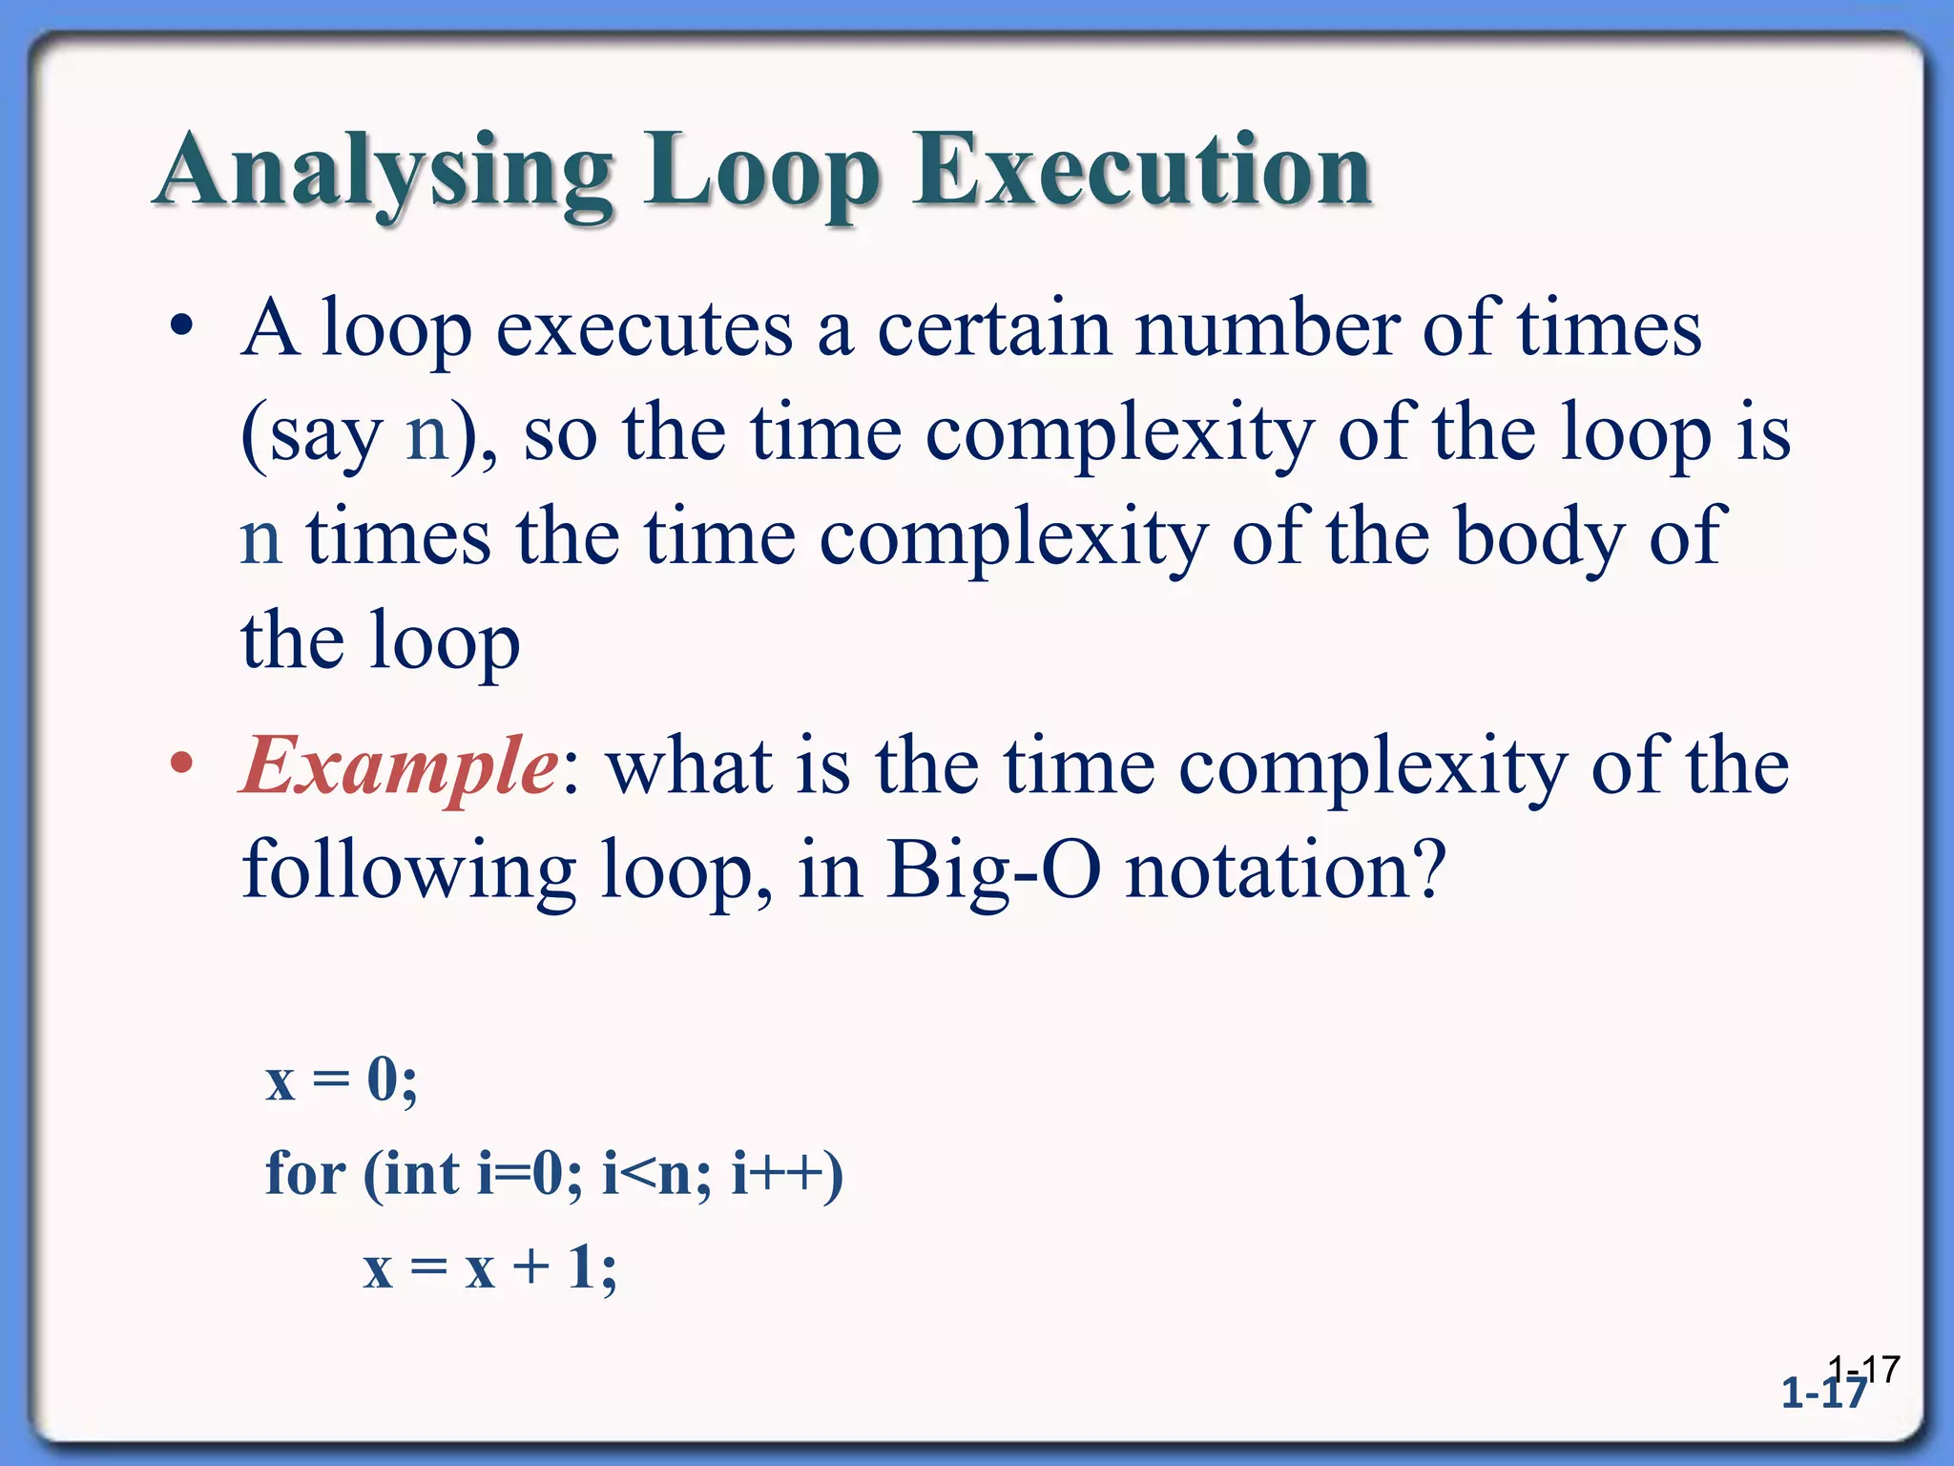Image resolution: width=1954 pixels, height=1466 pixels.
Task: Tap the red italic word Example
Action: pyautogui.click(x=400, y=766)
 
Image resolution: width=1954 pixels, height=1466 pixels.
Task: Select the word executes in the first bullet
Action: pyautogui.click(x=644, y=329)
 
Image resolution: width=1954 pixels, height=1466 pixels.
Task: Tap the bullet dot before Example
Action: pyautogui.click(x=181, y=764)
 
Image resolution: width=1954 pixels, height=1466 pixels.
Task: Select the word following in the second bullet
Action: pyautogui.click(x=408, y=871)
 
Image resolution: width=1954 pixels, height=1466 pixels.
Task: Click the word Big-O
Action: pyautogui.click(x=992, y=871)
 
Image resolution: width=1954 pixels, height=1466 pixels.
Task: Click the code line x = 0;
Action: pyautogui.click(x=342, y=1081)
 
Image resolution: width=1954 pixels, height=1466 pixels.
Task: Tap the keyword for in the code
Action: pyautogui.click(x=305, y=1173)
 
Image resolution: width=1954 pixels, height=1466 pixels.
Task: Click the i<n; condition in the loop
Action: pyautogui.click(x=656, y=1173)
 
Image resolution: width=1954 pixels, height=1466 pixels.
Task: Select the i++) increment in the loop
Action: pyautogui.click(x=787, y=1173)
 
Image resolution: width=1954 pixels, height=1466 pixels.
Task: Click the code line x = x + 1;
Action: pyautogui.click(x=490, y=1268)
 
